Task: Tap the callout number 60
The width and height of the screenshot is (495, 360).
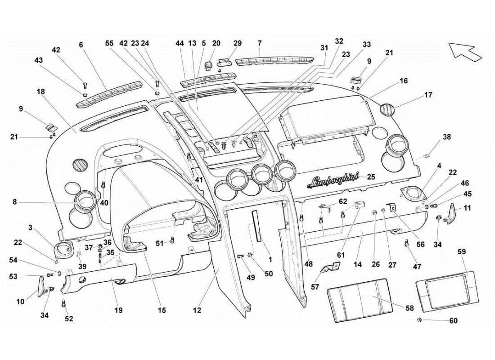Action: [x=453, y=321]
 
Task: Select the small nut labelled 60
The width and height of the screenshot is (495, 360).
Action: [x=419, y=319]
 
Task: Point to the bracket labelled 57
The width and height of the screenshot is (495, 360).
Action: [x=328, y=270]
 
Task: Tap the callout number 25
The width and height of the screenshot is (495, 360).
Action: [x=371, y=177]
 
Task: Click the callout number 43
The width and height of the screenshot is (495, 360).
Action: [x=39, y=60]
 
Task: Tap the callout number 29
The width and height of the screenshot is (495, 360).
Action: [x=237, y=43]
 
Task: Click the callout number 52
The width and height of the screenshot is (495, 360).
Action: [x=68, y=319]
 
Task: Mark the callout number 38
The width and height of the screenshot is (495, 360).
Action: [x=446, y=137]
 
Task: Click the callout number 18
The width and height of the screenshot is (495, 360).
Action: [x=40, y=91]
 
